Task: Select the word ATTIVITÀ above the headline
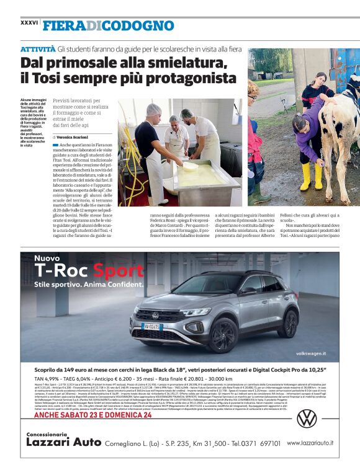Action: (x=37, y=48)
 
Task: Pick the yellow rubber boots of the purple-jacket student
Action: (x=310, y=175)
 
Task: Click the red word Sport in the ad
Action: (x=118, y=270)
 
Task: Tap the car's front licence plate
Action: (x=151, y=326)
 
